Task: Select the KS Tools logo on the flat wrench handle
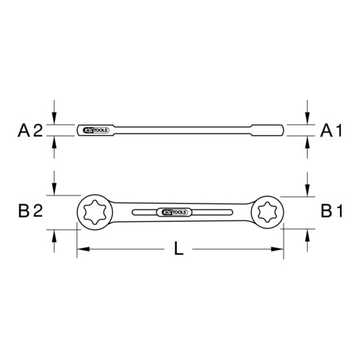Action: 173,212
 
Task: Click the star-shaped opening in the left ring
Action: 95,212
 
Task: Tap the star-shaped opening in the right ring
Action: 265,212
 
